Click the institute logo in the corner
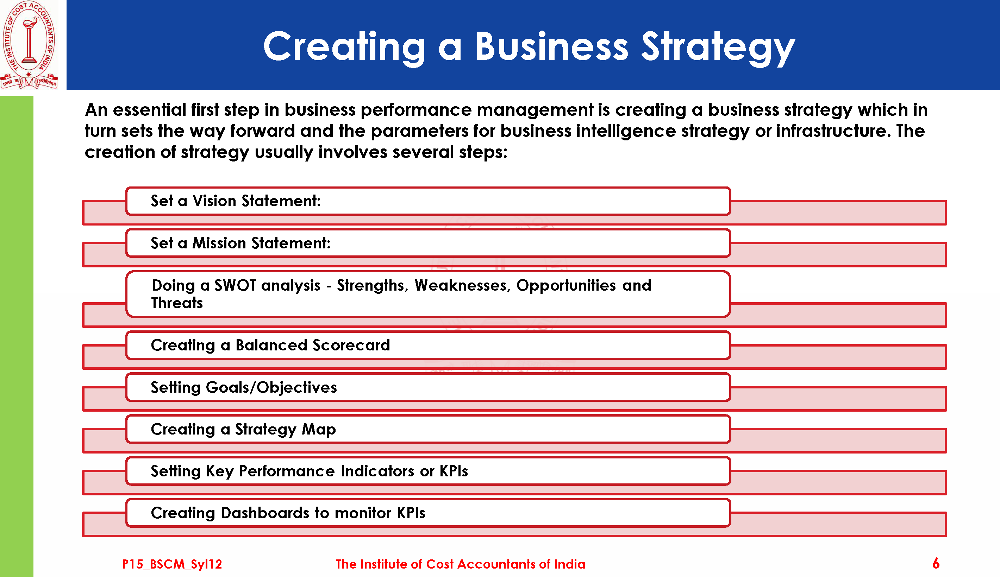tap(29, 44)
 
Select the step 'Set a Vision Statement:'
tap(236, 201)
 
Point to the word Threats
tap(177, 303)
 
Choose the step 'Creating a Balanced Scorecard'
tap(270, 345)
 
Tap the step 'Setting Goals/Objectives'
tap(244, 387)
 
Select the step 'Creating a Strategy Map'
tap(243, 429)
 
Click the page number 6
tap(936, 563)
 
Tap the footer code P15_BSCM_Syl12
tap(172, 564)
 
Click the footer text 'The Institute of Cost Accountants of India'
tap(460, 564)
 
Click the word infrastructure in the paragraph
tap(830, 131)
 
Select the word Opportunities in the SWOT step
tap(566, 286)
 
